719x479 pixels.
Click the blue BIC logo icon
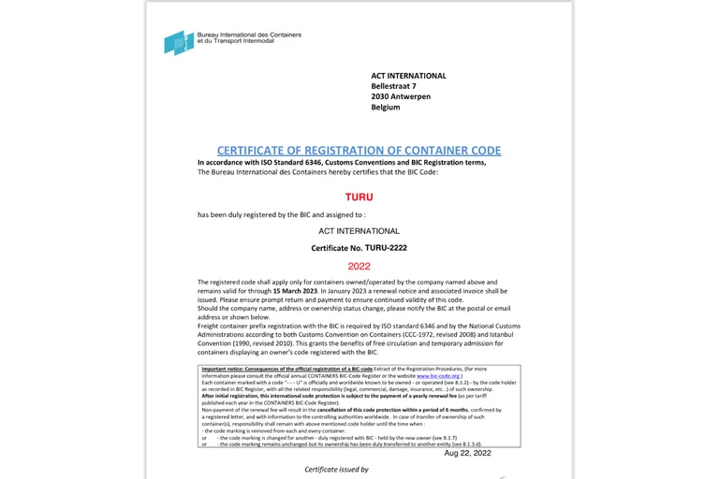[178, 41]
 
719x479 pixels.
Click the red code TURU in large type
[359, 197]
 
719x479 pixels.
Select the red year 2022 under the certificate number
[359, 266]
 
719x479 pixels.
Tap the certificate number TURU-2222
[386, 248]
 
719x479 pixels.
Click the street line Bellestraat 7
[393, 86]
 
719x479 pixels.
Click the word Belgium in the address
[385, 108]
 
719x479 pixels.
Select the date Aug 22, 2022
[468, 452]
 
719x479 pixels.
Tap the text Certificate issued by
[336, 470]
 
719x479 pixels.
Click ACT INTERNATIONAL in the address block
[408, 76]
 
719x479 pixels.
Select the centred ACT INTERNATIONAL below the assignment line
[359, 230]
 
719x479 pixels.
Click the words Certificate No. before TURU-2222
[336, 248]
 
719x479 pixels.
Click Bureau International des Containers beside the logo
[249, 36]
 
